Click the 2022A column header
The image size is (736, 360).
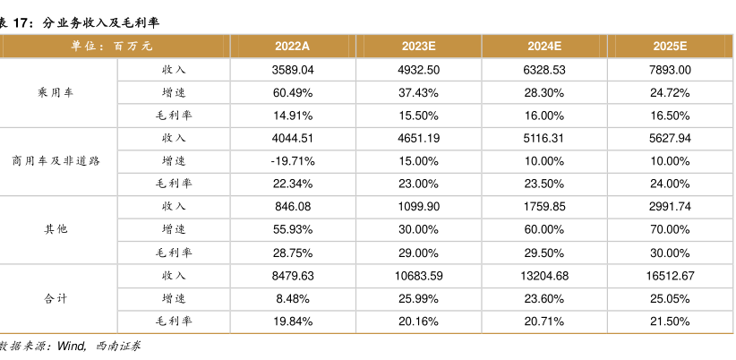[x=293, y=47]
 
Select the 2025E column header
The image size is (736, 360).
[x=670, y=47]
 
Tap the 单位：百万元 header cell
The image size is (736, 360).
[x=112, y=47]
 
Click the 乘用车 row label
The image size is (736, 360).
[x=56, y=92]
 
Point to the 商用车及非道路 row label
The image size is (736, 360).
[x=56, y=161]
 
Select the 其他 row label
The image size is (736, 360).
[x=56, y=229]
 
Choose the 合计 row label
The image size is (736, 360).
[x=56, y=298]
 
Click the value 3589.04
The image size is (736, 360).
[x=293, y=70]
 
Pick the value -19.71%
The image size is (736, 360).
[x=293, y=161]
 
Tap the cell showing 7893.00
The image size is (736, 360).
[x=670, y=70]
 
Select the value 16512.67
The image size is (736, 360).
[x=670, y=276]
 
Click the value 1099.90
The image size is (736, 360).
[x=419, y=207]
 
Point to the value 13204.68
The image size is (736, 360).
[x=544, y=276]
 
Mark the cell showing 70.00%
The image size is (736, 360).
[x=670, y=230]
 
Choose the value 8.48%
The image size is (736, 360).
[x=293, y=299]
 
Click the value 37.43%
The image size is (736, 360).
[x=419, y=93]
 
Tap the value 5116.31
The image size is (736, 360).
[x=544, y=139]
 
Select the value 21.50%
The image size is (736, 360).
[x=670, y=322]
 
